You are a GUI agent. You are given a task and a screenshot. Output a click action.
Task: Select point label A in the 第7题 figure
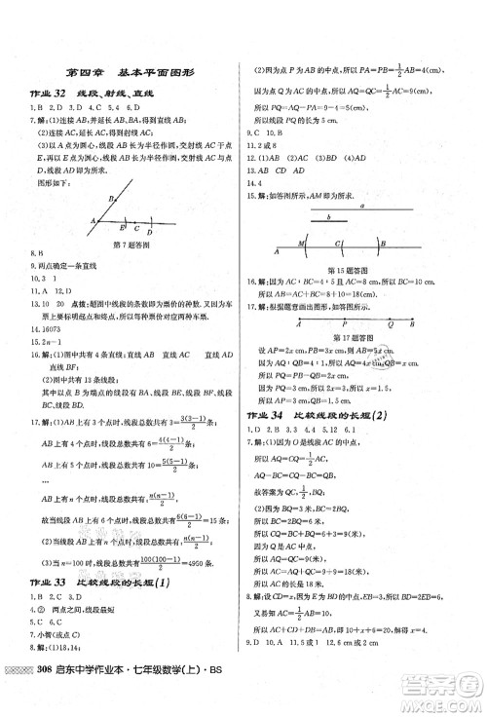tap(92, 219)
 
